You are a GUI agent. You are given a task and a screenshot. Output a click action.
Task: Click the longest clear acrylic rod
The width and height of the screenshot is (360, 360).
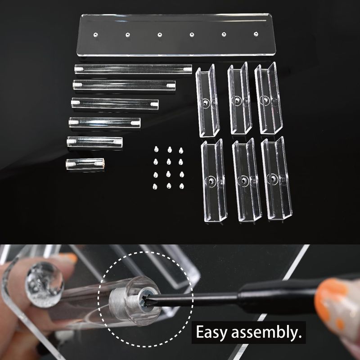133,69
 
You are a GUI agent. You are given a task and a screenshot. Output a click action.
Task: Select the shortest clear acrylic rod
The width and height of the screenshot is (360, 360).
85,164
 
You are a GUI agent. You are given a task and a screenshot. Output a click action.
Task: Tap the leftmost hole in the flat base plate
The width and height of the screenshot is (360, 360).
96,35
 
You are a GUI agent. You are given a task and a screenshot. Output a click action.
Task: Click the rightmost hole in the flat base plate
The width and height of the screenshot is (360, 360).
256,34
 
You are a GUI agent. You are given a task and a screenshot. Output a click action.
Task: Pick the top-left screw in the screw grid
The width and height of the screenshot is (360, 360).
156,149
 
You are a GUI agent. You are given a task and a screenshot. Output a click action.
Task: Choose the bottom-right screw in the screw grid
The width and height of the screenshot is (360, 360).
182,186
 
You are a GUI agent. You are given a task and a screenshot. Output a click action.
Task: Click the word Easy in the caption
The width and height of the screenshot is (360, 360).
211,332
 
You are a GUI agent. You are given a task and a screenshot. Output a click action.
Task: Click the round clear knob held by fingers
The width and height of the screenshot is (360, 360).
44,284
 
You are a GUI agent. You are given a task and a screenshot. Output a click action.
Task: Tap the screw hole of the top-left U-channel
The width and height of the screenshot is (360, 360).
206,102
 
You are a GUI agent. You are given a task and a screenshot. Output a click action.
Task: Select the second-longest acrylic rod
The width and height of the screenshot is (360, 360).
124,85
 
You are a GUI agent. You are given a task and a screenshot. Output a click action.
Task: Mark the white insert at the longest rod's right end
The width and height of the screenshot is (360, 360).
187,69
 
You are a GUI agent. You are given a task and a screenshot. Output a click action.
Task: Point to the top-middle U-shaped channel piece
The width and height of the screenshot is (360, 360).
239,98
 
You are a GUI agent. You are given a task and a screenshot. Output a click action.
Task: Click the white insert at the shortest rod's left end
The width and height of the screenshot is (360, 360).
71,164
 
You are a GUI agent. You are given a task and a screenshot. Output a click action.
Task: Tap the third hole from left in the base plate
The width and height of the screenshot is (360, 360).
160,35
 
